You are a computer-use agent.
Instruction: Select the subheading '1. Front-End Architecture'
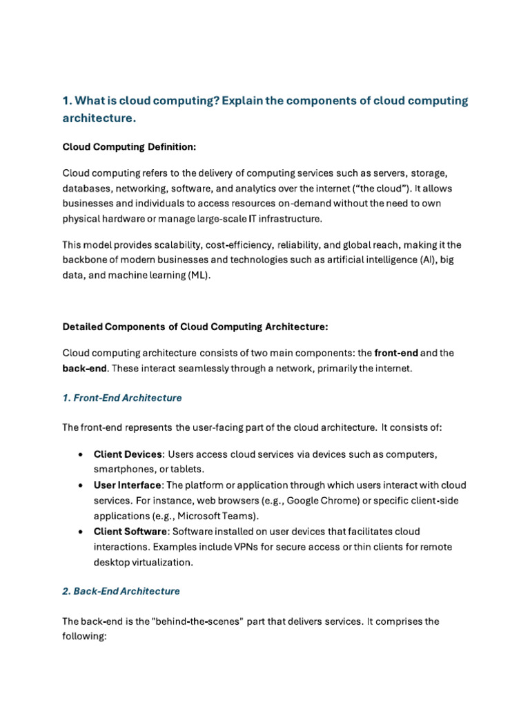coord(122,398)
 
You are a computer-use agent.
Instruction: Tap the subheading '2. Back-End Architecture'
coord(121,591)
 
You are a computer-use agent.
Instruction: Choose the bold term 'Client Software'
coord(130,531)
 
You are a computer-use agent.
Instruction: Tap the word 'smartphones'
coord(123,469)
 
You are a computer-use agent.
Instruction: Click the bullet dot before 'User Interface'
coord(81,485)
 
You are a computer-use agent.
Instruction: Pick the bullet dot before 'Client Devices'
coord(81,454)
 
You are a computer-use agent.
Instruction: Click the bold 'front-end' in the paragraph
coord(395,353)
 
